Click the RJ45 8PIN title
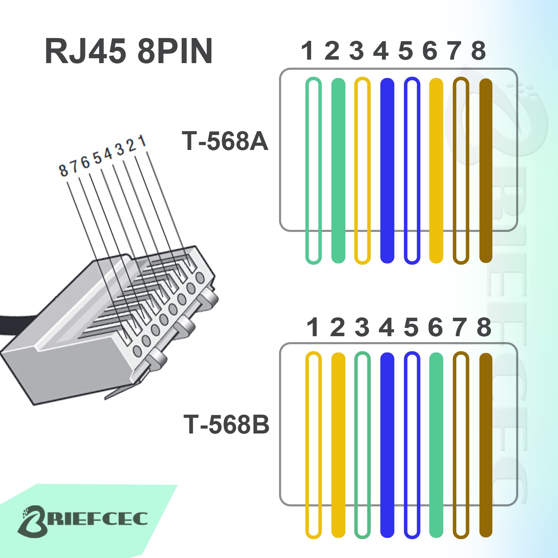pyautogui.click(x=128, y=51)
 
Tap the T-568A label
pyautogui.click(x=225, y=141)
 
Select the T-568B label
pyautogui.click(x=226, y=424)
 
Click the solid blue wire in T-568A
pyautogui.click(x=387, y=171)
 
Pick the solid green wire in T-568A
pyautogui.click(x=338, y=171)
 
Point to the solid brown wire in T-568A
pyautogui.click(x=486, y=171)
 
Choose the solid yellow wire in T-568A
pyautogui.click(x=436, y=171)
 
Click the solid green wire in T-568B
pyautogui.click(x=436, y=445)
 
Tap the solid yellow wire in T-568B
pyautogui.click(x=338, y=445)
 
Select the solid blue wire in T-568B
pyautogui.click(x=387, y=445)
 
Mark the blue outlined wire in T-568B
pyautogui.click(x=405, y=445)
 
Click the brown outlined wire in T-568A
pyautogui.click(x=454, y=171)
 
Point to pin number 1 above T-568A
pyautogui.click(x=307, y=51)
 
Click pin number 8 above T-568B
pyautogui.click(x=484, y=327)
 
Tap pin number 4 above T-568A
pyautogui.click(x=381, y=51)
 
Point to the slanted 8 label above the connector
pyautogui.click(x=63, y=171)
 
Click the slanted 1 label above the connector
pyautogui.click(x=142, y=141)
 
